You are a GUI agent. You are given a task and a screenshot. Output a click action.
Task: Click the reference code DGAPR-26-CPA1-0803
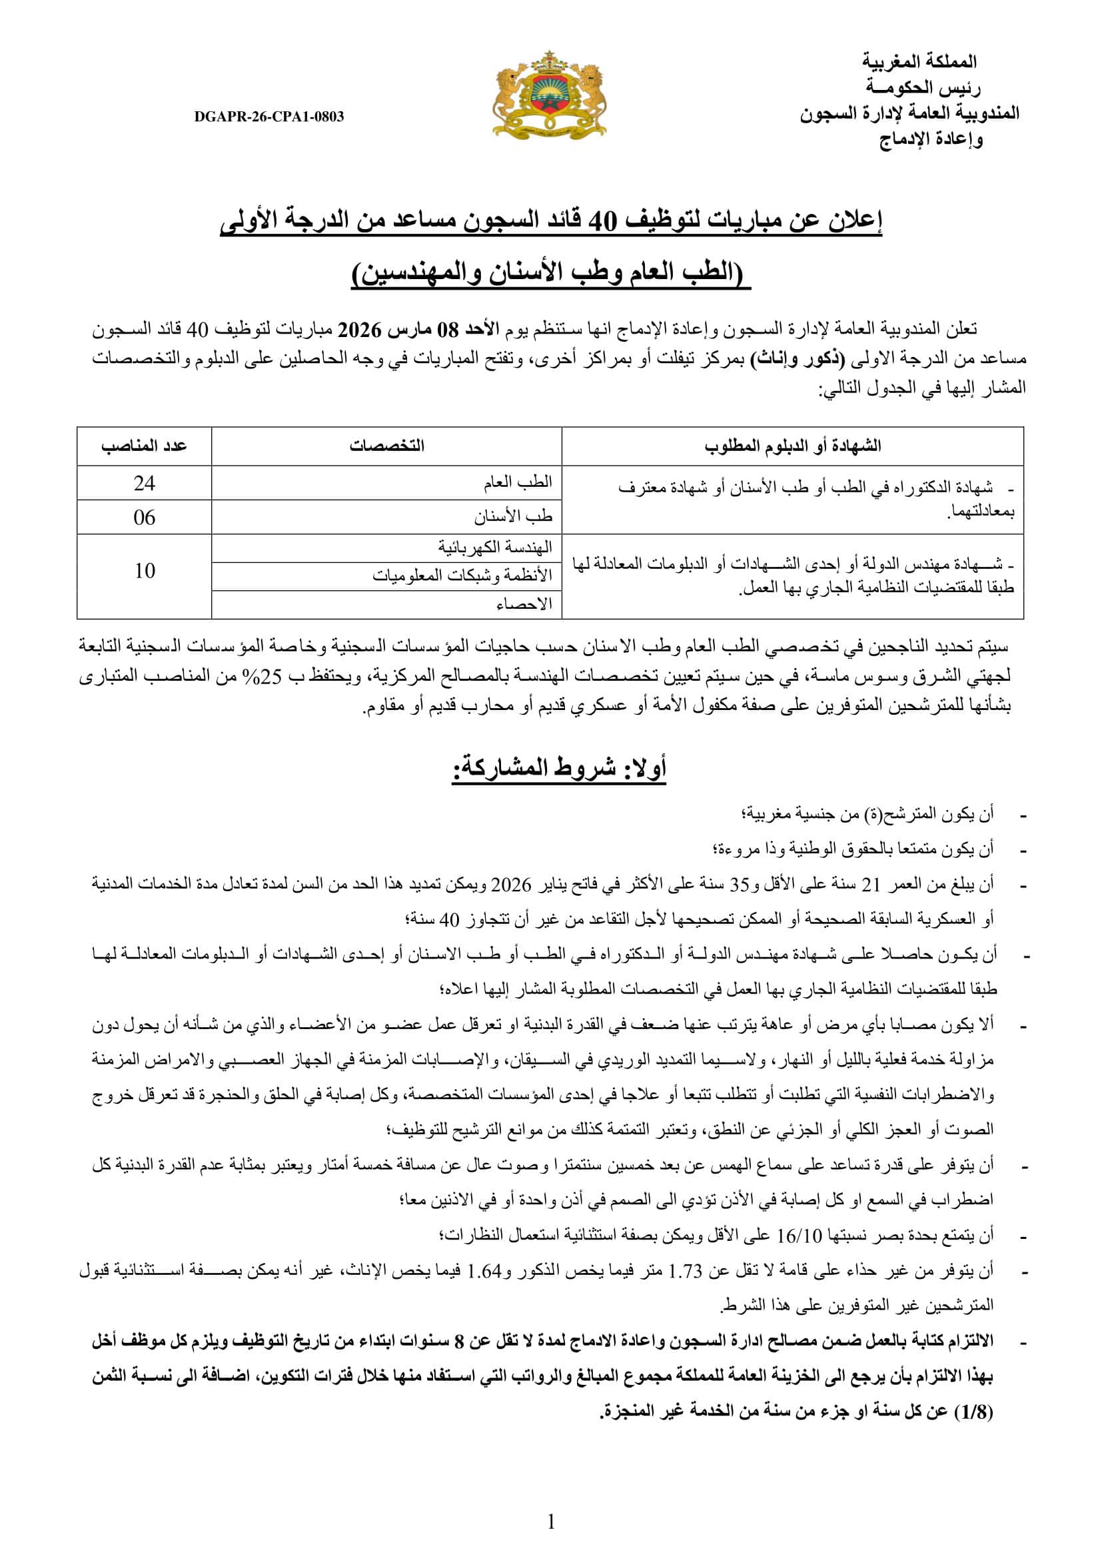269,117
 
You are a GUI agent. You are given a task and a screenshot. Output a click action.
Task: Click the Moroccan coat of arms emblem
549,95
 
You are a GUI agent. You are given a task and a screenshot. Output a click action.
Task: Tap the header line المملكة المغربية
919,62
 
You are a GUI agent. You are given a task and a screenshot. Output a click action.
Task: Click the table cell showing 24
144,483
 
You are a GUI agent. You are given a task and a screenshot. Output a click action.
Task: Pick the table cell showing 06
144,518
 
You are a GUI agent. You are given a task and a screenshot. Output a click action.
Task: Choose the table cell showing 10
144,571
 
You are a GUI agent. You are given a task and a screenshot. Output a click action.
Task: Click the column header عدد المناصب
144,446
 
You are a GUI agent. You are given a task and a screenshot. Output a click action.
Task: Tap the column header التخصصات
387,446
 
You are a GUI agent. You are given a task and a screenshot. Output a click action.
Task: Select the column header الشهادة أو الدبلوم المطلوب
793,446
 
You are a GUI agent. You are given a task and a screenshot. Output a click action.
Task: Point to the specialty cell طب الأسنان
513,517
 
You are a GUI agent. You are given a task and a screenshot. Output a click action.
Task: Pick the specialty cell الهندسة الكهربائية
494,547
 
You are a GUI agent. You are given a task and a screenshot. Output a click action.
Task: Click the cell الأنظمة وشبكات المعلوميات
463,576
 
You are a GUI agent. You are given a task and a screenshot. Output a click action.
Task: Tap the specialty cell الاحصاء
524,604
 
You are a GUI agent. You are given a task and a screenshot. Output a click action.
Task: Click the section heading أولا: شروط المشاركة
559,768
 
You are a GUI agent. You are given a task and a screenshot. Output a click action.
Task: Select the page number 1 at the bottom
551,1522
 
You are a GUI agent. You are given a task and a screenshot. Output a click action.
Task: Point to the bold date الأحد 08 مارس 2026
418,330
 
